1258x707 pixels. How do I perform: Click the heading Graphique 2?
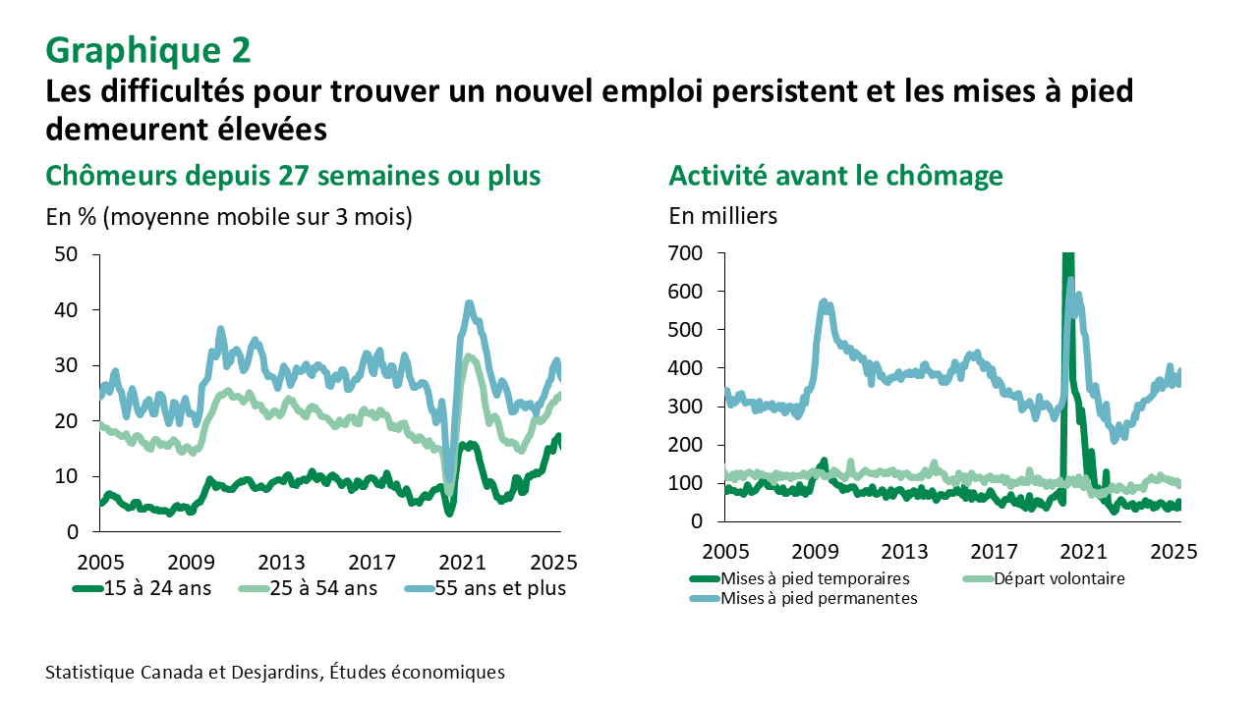148,48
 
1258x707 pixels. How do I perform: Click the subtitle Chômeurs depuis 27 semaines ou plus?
293,176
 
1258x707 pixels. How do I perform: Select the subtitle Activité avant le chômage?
835,176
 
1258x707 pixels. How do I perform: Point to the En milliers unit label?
722,216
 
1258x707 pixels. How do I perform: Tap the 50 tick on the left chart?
67,254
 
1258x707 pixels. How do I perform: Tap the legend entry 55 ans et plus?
486,589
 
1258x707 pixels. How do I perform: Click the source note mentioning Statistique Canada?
275,673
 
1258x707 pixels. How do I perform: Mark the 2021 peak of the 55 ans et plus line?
470,304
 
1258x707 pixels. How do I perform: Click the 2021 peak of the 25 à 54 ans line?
470,357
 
